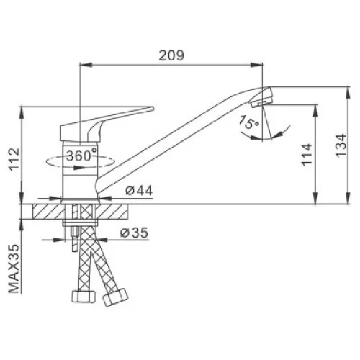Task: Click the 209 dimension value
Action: (171, 55)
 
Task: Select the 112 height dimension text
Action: (14, 159)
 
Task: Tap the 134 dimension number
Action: (341, 145)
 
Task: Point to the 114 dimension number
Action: (307, 154)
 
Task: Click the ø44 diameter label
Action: (139, 191)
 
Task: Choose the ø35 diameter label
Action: (134, 233)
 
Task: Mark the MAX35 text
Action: (14, 269)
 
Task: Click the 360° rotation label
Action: (82, 156)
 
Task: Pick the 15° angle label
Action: (249, 122)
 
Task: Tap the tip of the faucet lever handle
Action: (153, 109)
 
